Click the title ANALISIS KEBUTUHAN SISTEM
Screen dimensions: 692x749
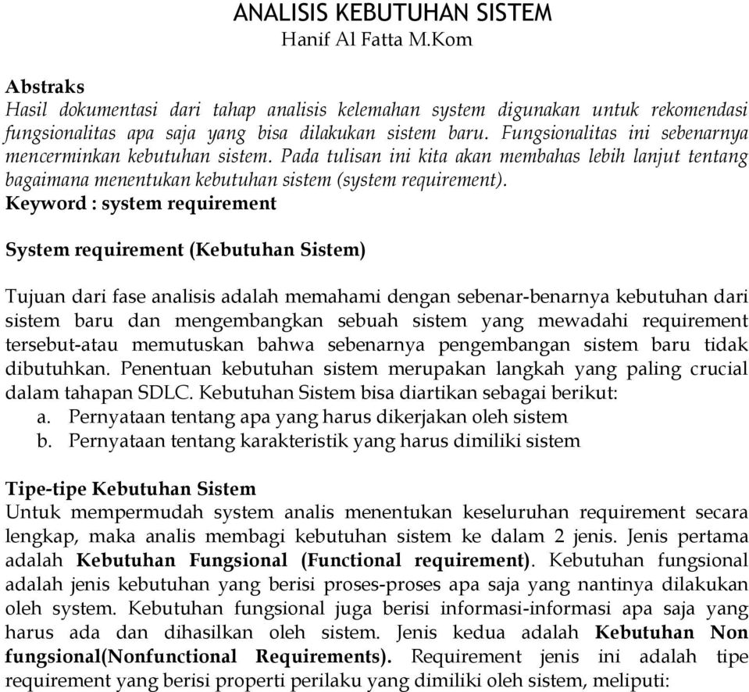(x=394, y=13)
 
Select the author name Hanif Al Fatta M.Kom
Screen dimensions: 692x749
(x=394, y=38)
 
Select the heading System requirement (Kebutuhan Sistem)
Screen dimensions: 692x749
(x=185, y=251)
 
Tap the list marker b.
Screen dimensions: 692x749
(x=46, y=441)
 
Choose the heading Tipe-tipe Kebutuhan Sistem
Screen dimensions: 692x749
(x=130, y=490)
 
